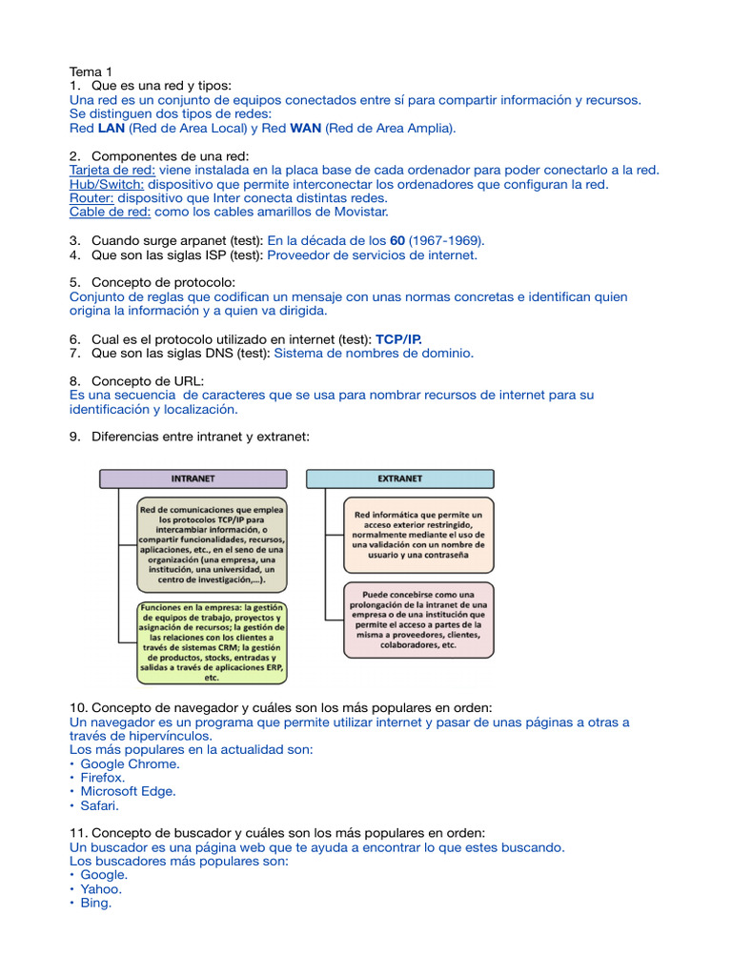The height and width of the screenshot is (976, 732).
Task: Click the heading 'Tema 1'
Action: coord(91,71)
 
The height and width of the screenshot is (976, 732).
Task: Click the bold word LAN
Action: coord(112,128)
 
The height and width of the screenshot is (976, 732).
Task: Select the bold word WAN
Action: coord(306,128)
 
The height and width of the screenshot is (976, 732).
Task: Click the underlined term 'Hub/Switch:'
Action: coord(107,184)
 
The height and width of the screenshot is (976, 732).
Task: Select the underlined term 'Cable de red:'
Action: coord(110,212)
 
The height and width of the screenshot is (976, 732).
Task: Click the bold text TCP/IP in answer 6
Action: coord(398,338)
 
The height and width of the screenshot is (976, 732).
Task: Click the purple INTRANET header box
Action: coord(193,478)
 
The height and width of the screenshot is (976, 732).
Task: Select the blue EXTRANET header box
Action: coord(399,478)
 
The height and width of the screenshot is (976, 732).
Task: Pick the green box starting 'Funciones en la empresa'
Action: coord(212,642)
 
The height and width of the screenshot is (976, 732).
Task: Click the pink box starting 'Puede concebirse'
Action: coord(418,620)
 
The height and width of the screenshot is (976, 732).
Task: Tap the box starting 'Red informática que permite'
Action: coord(418,535)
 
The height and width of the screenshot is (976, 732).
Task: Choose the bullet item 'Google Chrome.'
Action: coord(130,763)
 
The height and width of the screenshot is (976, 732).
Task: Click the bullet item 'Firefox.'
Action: coord(103,778)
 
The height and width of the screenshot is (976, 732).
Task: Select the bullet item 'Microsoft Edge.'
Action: coord(128,791)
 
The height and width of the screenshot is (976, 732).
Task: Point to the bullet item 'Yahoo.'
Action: coord(101,888)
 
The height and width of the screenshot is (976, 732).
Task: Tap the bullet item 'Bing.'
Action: coord(96,903)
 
